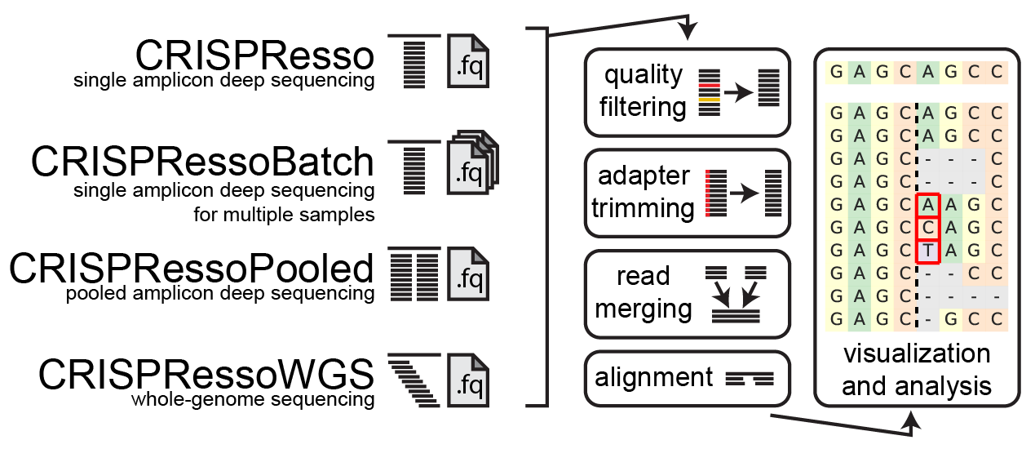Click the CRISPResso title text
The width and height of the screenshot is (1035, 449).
254,56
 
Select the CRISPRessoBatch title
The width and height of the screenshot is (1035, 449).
202,162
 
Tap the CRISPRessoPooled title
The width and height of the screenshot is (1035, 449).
191,268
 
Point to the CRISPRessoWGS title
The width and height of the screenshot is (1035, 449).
206,375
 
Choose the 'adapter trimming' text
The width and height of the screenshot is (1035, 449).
644,193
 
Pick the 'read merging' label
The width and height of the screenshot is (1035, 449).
644,293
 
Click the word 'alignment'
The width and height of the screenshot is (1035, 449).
654,378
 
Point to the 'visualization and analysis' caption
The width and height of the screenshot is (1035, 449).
917,369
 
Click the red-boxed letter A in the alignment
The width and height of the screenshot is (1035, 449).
927,204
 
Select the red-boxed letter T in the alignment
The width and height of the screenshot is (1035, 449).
927,250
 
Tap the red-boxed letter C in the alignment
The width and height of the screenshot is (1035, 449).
927,227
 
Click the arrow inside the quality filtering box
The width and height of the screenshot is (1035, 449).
737,94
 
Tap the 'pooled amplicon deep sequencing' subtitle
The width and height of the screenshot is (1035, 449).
220,293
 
